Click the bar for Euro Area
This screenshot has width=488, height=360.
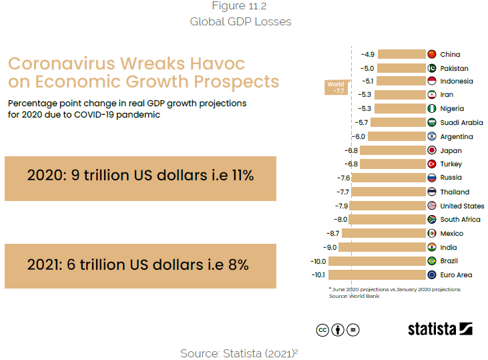pos(377,275)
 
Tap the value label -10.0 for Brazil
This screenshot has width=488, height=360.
pos(318,261)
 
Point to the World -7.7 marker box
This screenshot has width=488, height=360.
pos(335,87)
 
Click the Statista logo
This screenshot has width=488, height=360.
pos(440,329)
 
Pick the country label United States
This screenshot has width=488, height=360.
pos(462,206)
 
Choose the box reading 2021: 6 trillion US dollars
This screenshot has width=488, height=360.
pos(140,266)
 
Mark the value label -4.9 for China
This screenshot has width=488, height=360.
pos(368,54)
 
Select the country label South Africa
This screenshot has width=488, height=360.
pos(460,219)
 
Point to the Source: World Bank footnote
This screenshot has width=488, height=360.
pos(354,296)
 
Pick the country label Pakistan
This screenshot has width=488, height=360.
pos(454,68)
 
